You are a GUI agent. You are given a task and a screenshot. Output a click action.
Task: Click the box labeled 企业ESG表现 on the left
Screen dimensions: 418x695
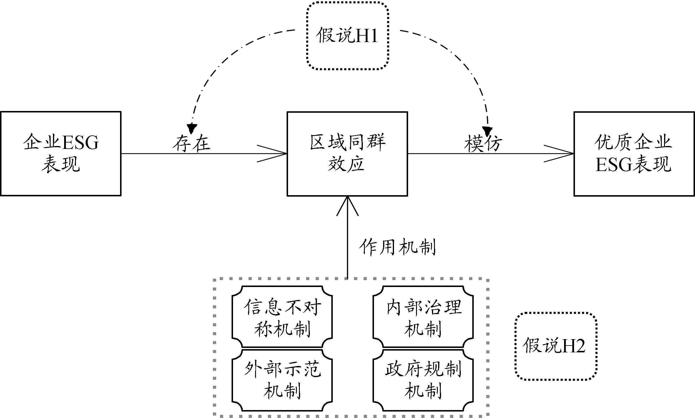61,153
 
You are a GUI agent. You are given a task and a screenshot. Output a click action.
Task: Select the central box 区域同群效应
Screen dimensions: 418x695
347,153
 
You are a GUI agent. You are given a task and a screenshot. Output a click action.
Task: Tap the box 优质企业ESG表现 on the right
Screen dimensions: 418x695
634,153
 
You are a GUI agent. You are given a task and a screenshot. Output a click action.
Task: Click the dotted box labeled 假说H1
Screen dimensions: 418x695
347,36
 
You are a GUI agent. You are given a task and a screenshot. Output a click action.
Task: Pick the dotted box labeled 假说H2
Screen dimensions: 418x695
556,346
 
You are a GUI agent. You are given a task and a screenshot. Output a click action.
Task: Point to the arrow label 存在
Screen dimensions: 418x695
191,143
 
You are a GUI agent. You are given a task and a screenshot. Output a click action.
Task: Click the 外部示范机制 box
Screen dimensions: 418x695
282,380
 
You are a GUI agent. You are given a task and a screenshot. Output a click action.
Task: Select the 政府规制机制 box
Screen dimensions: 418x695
423,380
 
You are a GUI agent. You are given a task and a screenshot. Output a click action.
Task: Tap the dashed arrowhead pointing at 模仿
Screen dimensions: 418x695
487,131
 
